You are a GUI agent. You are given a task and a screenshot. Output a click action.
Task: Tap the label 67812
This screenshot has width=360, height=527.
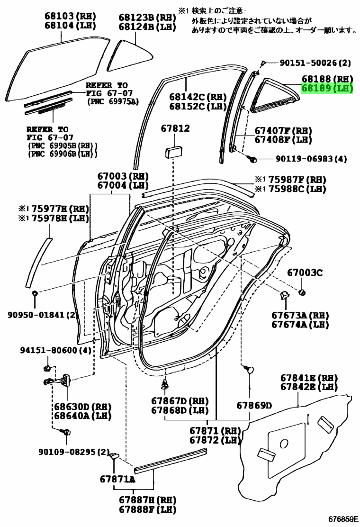click(x=175, y=128)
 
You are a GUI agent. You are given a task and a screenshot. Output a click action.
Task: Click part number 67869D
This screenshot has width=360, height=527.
click(x=254, y=405)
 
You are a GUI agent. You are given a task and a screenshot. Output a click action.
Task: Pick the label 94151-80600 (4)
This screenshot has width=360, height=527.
click(x=55, y=351)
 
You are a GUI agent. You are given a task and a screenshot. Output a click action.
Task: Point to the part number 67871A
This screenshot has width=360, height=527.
click(x=118, y=479)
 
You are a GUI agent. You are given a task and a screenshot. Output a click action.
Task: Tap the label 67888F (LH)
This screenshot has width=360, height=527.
click(x=141, y=510)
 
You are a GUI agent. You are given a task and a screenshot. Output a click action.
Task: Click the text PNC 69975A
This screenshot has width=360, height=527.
click(x=113, y=101)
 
